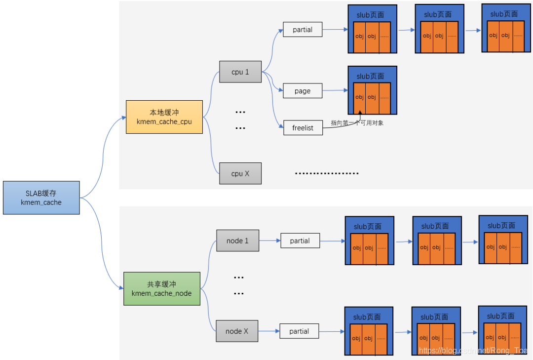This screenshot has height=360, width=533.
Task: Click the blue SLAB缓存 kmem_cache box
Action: tap(41, 198)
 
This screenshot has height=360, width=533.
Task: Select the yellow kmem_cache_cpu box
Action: tap(164, 117)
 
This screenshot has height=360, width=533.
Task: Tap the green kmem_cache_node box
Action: tap(162, 288)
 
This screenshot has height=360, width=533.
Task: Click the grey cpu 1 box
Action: tap(240, 72)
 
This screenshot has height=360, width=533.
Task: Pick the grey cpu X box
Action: tap(240, 173)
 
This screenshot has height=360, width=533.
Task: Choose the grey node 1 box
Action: tap(237, 240)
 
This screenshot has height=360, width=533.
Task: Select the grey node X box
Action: tap(236, 331)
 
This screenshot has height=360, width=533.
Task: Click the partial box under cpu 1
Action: tap(303, 30)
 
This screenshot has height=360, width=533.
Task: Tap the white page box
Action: tap(302, 91)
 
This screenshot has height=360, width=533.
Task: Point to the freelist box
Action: tap(303, 128)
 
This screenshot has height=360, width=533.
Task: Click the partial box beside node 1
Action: tap(300, 240)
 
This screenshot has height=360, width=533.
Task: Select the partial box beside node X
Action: tap(299, 331)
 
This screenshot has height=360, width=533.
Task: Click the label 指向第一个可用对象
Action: tap(357, 123)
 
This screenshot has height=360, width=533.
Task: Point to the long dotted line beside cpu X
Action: tap(326, 173)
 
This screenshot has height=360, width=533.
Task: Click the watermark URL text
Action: tap(473, 351)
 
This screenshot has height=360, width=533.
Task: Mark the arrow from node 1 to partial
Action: tap(269, 240)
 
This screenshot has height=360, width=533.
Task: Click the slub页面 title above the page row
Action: tap(370, 76)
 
